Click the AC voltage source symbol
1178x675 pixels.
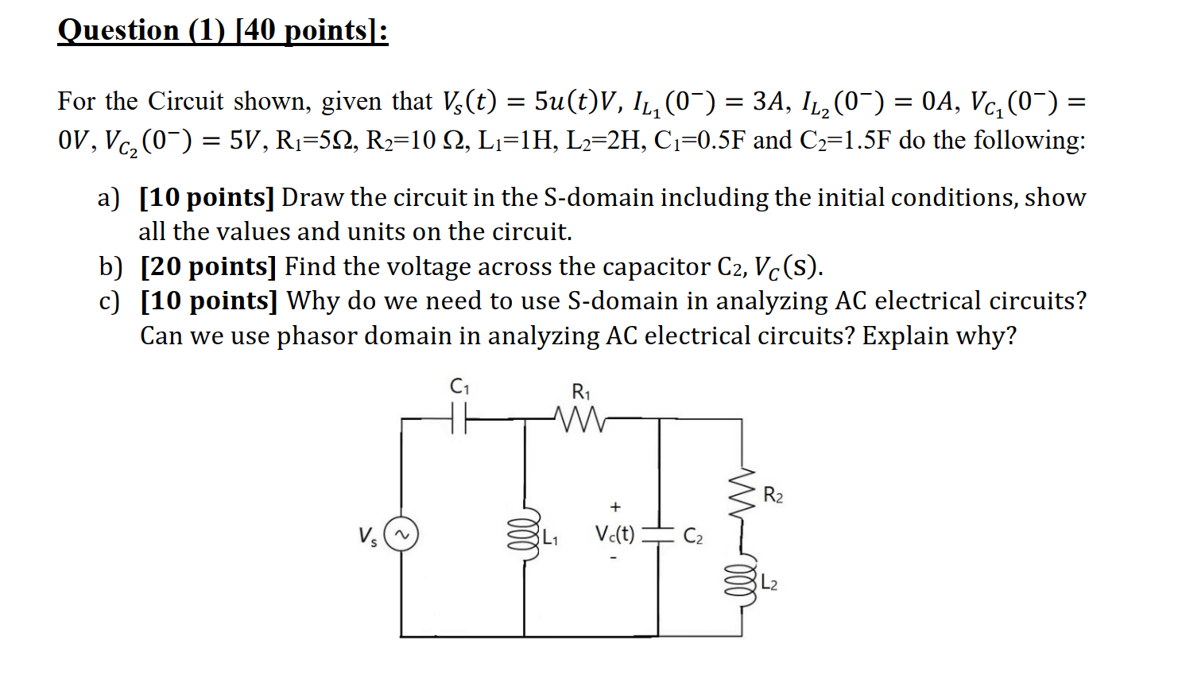tap(401, 535)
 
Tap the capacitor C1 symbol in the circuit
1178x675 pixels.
tap(459, 417)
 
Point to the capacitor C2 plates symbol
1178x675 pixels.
tap(658, 533)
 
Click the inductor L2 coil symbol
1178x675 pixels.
tap(741, 583)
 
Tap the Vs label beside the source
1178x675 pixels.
tap(367, 537)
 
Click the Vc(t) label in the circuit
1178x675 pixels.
tap(614, 533)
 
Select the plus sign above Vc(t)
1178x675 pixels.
tap(614, 506)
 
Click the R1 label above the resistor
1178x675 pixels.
tap(581, 391)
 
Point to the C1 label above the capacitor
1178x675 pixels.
tap(459, 386)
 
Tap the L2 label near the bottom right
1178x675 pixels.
tap(769, 584)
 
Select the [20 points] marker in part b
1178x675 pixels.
tap(208, 266)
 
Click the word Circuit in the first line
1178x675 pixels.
tap(186, 101)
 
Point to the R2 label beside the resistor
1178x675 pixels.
tap(773, 495)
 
